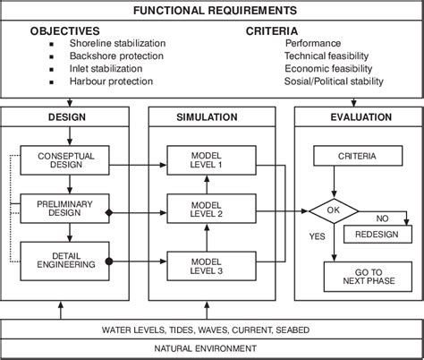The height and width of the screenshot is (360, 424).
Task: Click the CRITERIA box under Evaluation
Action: [x=332, y=157]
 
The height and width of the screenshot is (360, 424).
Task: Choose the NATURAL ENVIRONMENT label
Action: [x=212, y=348]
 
